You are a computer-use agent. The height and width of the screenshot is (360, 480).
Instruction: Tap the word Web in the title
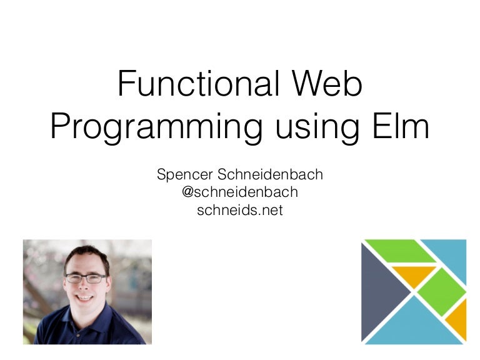tap(329, 84)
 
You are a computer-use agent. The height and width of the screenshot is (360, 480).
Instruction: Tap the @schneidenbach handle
tap(239, 192)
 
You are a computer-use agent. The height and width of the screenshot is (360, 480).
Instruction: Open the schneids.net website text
tap(239, 210)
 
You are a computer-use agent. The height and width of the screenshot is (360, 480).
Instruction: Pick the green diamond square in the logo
tap(440, 291)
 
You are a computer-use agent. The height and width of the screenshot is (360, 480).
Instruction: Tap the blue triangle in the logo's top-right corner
tap(451, 255)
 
